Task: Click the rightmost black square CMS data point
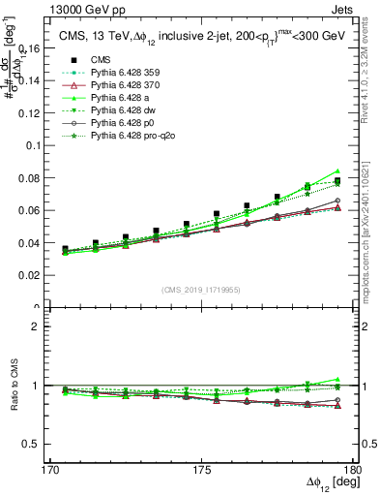337,181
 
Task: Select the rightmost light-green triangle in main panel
337,171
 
